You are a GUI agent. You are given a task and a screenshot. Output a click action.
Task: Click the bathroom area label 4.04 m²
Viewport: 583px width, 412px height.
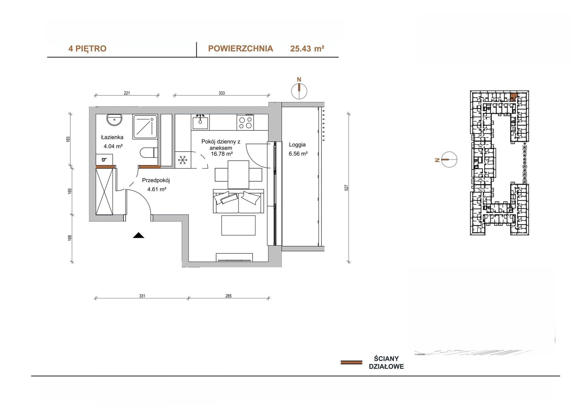click(x=113, y=146)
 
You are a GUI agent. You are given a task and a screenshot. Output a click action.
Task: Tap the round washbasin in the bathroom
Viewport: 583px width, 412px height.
click(x=114, y=120)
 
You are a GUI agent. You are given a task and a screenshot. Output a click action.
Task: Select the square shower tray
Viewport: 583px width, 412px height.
click(x=145, y=126)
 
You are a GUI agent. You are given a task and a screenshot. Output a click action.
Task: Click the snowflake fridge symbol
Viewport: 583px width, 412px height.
click(x=183, y=160)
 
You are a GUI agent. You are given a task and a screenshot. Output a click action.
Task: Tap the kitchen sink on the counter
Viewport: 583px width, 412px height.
click(x=200, y=123)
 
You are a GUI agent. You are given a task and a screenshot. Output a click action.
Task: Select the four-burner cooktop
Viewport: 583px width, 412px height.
click(x=245, y=123)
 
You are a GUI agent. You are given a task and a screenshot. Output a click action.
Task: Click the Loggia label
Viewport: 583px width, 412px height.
click(x=297, y=145)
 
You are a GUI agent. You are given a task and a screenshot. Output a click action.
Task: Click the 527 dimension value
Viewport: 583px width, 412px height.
click(x=346, y=188)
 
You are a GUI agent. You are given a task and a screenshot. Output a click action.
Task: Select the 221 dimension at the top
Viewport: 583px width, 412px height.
click(x=127, y=93)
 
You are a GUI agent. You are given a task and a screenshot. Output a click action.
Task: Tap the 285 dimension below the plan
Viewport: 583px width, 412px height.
click(x=228, y=296)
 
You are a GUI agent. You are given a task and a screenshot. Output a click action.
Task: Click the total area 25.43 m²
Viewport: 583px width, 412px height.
click(x=307, y=49)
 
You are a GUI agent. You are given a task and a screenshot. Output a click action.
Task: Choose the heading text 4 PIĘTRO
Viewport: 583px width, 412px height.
click(x=87, y=49)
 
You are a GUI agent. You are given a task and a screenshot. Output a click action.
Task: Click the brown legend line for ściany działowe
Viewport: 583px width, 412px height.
click(x=351, y=362)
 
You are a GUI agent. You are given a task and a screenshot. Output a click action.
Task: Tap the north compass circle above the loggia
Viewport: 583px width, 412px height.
click(x=299, y=91)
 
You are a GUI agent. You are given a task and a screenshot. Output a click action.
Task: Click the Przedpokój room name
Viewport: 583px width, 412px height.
click(x=156, y=180)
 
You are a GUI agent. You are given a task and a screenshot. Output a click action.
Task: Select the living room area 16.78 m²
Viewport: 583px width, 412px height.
click(x=222, y=154)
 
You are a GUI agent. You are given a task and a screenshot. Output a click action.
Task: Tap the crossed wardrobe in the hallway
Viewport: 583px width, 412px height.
click(x=104, y=192)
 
